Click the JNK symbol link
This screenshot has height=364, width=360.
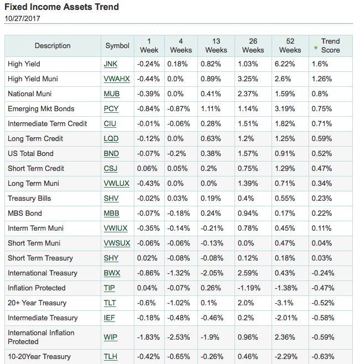111,64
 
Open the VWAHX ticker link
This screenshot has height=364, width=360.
117,79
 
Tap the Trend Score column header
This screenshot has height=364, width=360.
330,46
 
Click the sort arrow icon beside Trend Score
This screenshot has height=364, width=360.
316,46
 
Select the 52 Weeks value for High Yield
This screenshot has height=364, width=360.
285,64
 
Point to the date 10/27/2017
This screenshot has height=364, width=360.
22,19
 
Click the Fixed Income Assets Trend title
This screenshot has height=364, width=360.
62,7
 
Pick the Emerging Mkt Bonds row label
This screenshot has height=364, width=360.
41,109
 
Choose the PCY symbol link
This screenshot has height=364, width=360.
111,109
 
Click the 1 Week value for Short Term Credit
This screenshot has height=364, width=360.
147,169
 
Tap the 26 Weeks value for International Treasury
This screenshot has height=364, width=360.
248,273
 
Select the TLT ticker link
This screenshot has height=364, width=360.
110,303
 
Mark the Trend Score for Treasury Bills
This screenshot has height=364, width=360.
322,199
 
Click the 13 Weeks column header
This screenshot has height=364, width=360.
216,46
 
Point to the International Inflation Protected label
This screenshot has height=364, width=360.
41,337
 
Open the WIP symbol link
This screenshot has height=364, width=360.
111,337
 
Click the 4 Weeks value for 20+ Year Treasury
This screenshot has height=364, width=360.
179,303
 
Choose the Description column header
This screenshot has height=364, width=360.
53,46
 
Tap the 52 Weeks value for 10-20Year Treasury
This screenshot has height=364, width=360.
286,357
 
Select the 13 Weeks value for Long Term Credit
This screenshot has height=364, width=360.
211,139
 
